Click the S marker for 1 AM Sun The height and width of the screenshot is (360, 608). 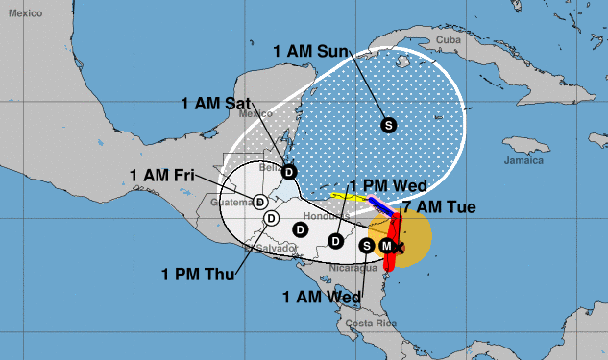click(x=388, y=124)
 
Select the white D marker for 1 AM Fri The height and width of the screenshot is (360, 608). click(x=260, y=201)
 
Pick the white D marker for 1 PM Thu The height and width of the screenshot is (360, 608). click(x=271, y=218)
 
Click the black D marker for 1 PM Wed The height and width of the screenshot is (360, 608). click(x=335, y=240)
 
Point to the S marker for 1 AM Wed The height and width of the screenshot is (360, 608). click(x=366, y=246)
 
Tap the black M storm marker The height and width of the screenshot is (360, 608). click(x=387, y=247)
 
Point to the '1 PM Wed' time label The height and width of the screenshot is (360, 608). click(x=386, y=185)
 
